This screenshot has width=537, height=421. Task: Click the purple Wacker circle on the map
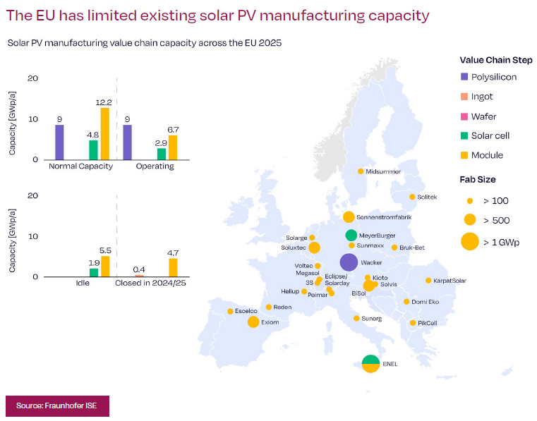[x=349, y=262]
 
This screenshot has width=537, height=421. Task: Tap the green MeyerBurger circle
[x=351, y=236]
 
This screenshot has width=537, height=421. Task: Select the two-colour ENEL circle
[x=370, y=363]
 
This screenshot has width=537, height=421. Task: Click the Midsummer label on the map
[x=383, y=171]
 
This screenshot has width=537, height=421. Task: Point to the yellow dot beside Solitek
[x=412, y=197]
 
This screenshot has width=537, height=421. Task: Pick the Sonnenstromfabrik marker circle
[x=349, y=217]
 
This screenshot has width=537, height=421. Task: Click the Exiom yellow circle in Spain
[x=253, y=322]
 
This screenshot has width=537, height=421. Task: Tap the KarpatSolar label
[x=449, y=281]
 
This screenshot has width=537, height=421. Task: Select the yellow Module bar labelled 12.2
[x=105, y=134]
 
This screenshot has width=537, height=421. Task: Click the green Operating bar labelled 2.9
[x=162, y=154]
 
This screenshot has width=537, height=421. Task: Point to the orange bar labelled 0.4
[x=139, y=276]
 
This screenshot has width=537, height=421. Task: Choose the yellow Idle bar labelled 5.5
[x=105, y=267]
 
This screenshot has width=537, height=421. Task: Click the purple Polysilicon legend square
[x=464, y=77]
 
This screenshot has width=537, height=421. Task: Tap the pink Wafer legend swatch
[x=464, y=117]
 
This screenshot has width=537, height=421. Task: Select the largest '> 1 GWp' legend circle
[x=470, y=241]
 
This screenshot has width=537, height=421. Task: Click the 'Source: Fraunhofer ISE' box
[x=58, y=406]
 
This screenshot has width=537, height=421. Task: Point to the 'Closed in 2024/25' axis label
[x=150, y=283]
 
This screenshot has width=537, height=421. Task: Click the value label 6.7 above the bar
[x=173, y=130]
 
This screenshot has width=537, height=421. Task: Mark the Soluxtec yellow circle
[x=314, y=248]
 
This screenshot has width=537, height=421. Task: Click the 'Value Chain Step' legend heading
[x=496, y=60]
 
